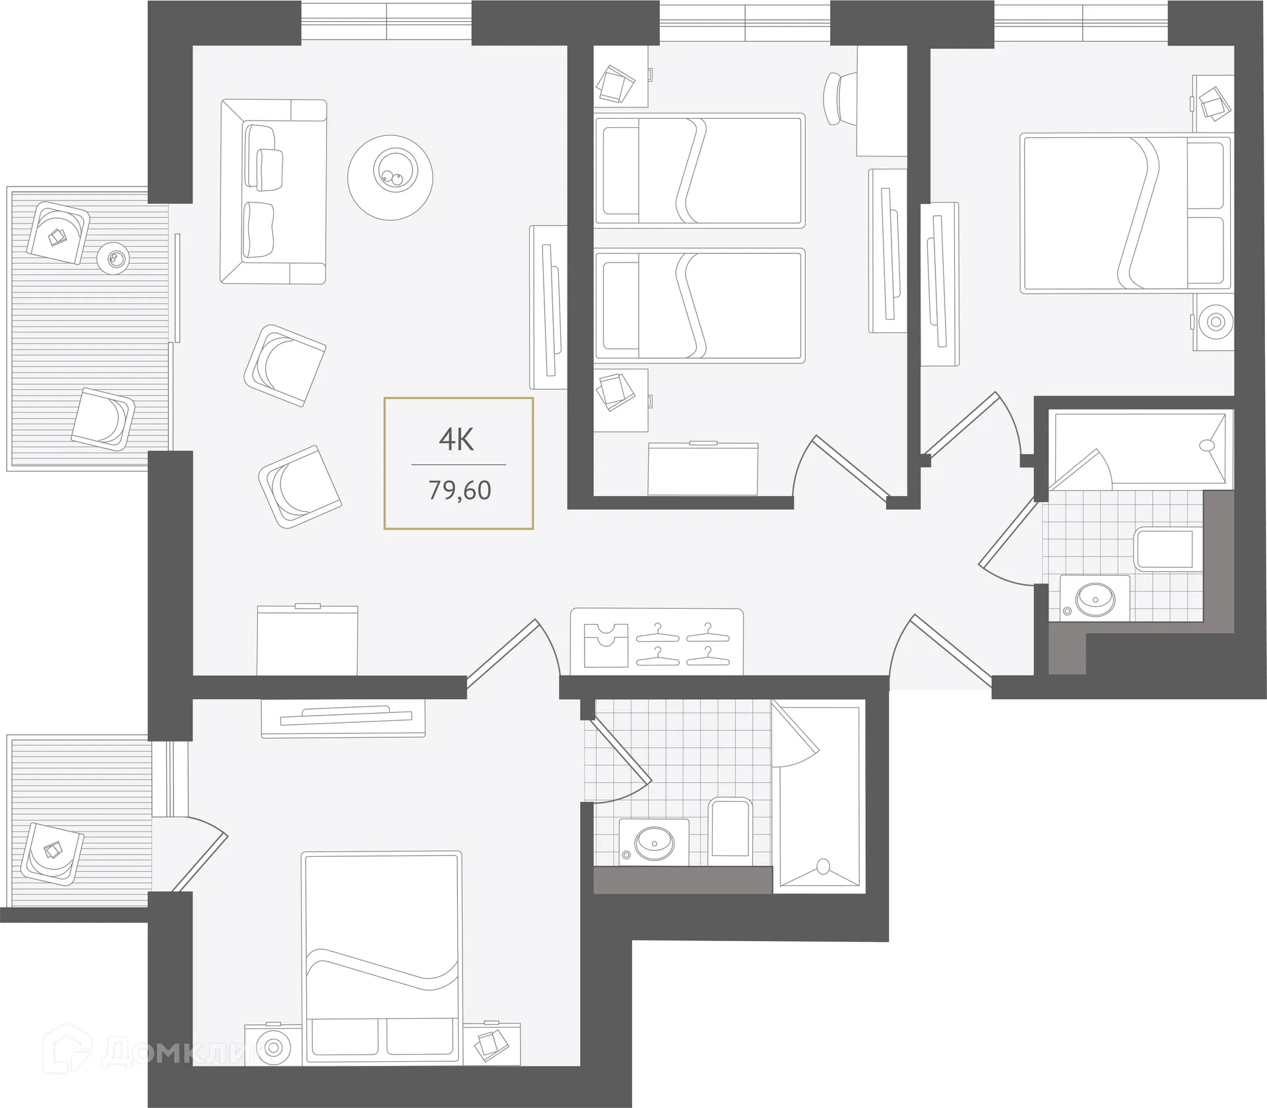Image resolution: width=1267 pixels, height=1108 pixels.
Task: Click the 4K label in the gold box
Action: coord(457,439)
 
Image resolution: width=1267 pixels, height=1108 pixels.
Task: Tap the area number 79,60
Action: coord(460,491)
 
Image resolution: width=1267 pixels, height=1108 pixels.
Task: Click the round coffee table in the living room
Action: coord(391,177)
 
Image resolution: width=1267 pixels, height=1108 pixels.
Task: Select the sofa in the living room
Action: coord(272,191)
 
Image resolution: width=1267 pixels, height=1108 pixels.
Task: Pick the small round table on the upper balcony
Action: coord(114,259)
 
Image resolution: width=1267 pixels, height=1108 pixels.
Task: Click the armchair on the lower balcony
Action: coord(52,853)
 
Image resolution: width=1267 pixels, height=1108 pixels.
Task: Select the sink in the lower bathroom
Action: coord(655,842)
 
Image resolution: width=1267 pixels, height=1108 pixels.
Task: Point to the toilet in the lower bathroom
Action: coord(731,828)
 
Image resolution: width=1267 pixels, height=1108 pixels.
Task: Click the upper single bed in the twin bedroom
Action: coord(699,170)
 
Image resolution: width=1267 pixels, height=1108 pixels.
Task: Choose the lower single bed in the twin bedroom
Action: coord(699,305)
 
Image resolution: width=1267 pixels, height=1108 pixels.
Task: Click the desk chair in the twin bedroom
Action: coord(840,97)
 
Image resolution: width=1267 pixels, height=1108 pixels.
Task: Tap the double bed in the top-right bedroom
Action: coord(1124,213)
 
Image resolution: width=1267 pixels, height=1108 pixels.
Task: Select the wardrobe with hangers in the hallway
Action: coord(657,642)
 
